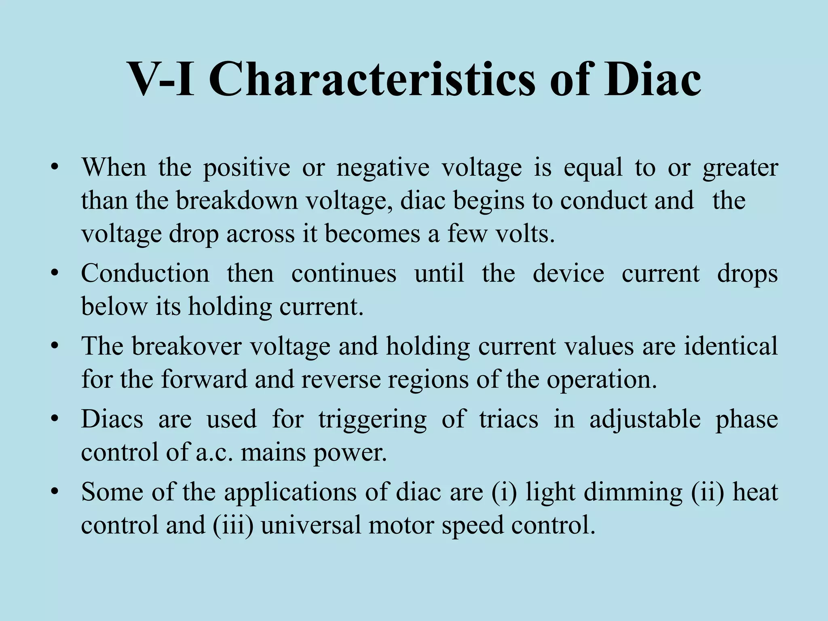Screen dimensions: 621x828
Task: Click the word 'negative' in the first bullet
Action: pyautogui.click(x=382, y=168)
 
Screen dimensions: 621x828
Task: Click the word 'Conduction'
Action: pyautogui.click(x=145, y=273)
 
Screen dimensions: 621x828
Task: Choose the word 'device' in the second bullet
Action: pyautogui.click(x=568, y=273)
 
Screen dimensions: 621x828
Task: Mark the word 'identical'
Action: pyautogui.click(x=731, y=346)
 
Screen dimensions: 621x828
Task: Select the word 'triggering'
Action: pyautogui.click(x=372, y=420)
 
